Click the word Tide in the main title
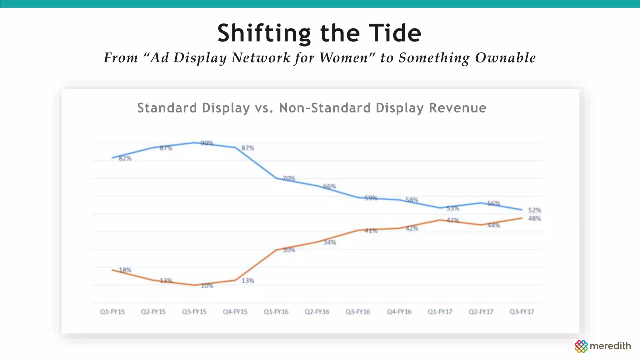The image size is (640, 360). tap(395, 33)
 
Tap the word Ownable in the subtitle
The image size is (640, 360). tap(505, 58)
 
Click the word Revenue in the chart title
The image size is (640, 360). tap(457, 108)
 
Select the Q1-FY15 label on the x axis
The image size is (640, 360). tap(112, 312)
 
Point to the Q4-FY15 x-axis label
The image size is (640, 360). tap(235, 312)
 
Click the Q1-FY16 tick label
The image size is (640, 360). tap(276, 312)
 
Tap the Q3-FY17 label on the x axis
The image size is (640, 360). tap(522, 312)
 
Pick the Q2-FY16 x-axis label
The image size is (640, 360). tap(317, 312)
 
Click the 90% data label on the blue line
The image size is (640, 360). tap(207, 143)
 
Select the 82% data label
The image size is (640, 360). tap(125, 158)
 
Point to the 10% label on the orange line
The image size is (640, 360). tap(207, 286)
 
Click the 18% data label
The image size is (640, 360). tap(125, 270)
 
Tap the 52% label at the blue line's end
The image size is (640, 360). tap(534, 210)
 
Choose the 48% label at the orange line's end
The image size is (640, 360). tap(534, 219)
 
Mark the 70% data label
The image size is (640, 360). tap(289, 178)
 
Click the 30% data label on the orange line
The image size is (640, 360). tap(289, 250)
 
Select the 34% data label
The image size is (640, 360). tap(330, 242)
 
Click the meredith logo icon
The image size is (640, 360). tap(581, 346)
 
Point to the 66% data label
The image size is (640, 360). tap(330, 187)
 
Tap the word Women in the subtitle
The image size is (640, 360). tap(344, 58)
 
